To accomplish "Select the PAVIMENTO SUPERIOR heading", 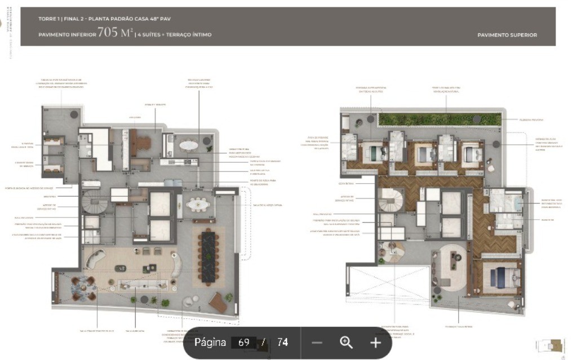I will coord(507,35).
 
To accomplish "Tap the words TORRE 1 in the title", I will coord(50,19).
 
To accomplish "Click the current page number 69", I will coord(244,343).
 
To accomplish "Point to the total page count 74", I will coord(282,343).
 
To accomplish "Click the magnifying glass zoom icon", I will coord(346,343).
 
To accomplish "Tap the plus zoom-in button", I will coord(375,343).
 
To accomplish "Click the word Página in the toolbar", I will coord(210,343).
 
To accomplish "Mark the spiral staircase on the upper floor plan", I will coord(390,200).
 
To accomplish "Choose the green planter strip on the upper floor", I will coord(440,119).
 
